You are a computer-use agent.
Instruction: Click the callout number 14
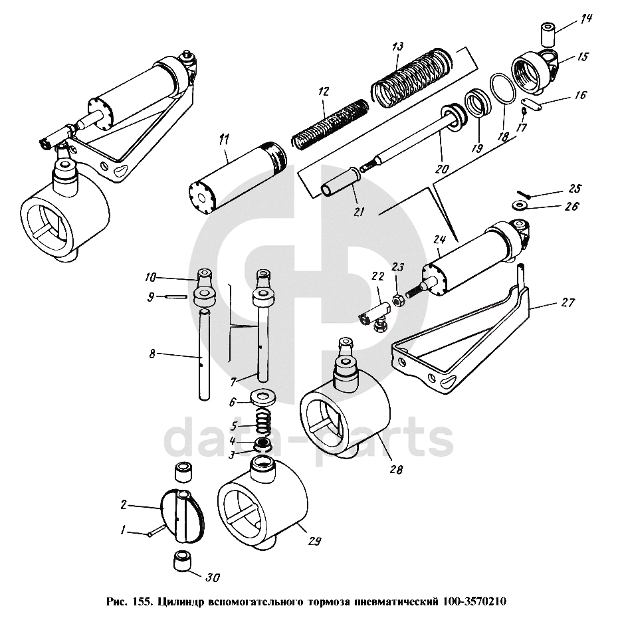coord(586,19)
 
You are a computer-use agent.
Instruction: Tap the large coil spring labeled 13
coord(412,76)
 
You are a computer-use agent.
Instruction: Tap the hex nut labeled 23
coord(397,301)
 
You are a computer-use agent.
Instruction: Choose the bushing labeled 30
coord(182,560)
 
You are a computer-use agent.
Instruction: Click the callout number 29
coord(315,541)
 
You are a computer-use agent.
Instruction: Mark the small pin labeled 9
coord(177,296)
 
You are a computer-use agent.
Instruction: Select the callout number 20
coord(442,167)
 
